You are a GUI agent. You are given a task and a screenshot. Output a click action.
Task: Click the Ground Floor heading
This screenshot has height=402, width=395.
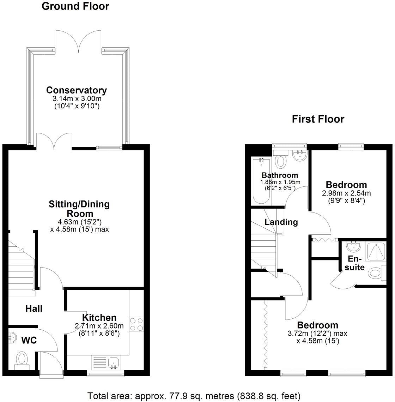[75, 6]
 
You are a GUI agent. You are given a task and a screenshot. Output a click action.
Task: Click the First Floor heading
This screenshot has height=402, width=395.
[318, 119]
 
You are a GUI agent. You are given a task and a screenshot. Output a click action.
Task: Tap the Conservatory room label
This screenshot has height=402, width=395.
[77, 90]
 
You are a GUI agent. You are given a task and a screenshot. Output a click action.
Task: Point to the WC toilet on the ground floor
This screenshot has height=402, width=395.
[22, 359]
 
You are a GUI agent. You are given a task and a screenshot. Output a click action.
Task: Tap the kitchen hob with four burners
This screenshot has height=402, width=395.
[136, 324]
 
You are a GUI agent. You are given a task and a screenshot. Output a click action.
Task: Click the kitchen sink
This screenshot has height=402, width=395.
[113, 362]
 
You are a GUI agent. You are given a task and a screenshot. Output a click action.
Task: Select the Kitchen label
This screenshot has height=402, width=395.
[99, 317]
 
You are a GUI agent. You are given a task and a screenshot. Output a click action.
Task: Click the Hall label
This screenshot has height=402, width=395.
[34, 308]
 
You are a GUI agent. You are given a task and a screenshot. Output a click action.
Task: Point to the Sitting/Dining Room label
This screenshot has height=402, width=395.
[79, 209]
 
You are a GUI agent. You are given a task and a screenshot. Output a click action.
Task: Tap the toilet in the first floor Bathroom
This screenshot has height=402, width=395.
[281, 161]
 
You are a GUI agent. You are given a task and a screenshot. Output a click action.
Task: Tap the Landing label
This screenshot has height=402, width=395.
[281, 222]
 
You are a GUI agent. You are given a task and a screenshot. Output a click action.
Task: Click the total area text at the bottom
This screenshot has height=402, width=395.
[194, 395]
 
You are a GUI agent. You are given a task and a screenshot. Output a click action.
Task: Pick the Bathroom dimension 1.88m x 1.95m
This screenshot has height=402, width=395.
[280, 182]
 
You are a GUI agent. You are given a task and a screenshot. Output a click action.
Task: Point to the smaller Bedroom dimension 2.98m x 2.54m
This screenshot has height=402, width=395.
[346, 193]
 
